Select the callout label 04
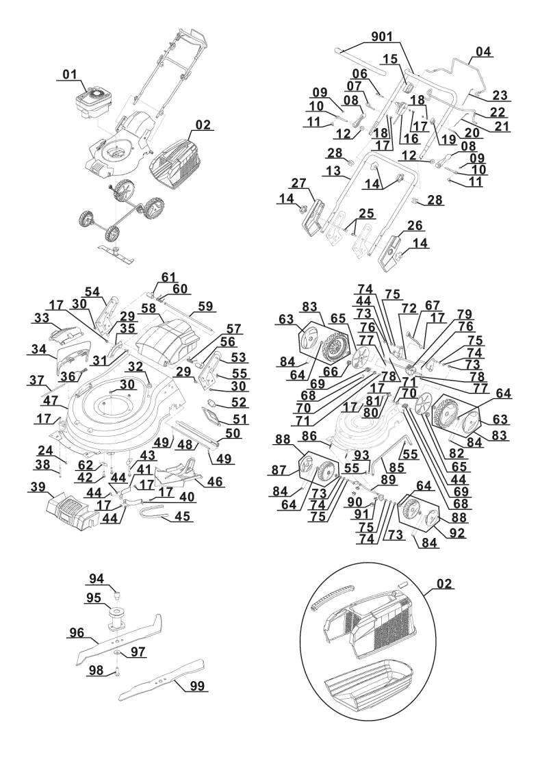pos(484,51)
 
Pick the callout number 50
pos(232,433)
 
